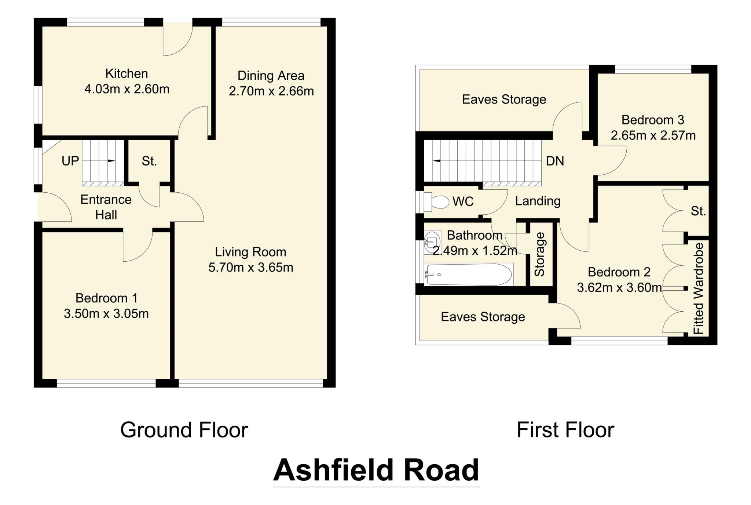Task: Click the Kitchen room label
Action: pos(127,74)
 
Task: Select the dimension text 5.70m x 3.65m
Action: pos(251,268)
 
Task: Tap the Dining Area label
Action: pos(271,76)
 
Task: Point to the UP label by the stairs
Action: pos(70,161)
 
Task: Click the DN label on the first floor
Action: pos(555,161)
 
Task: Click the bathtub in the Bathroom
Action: pos(468,275)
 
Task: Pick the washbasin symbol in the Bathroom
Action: pos(431,242)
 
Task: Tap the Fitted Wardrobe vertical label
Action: pos(699,288)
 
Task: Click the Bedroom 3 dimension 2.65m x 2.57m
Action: pos(653,135)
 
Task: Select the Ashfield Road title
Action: pos(376,470)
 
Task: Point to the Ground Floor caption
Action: pos(184,430)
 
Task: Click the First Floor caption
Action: pos(565,430)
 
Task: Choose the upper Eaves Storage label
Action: pos(504,99)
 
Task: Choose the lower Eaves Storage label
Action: pos(483,317)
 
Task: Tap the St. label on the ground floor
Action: pos(149,161)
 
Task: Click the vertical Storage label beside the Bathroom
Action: pos(540,254)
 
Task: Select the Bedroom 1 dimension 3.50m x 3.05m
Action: pos(106,314)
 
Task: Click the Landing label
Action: pos(538,201)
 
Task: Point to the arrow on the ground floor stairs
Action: pos(110,161)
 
